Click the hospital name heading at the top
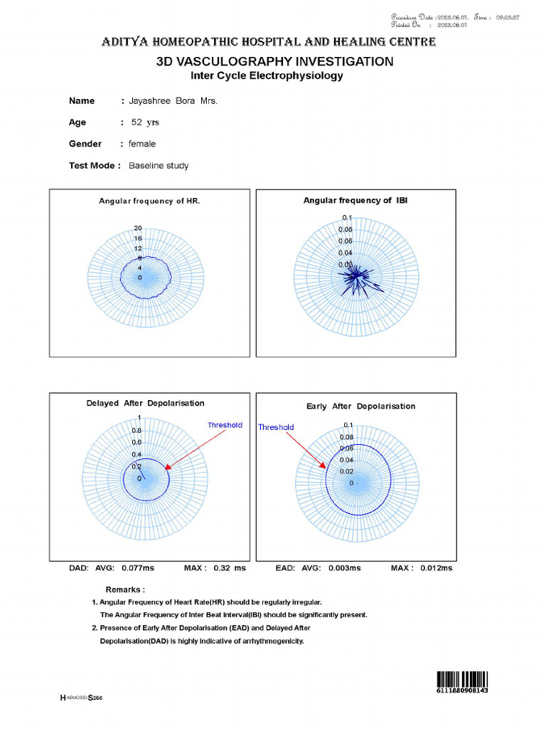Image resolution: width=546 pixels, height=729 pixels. tap(269, 43)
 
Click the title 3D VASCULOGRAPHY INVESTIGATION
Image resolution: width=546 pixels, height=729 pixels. tap(274, 62)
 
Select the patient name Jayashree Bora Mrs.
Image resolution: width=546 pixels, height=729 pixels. tap(173, 101)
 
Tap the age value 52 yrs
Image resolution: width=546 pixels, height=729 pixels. tap(145, 122)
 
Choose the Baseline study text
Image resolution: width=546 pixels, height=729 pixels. tap(159, 166)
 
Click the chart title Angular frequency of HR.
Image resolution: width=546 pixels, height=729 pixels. tap(149, 201)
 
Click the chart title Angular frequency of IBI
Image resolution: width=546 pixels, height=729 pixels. tap(355, 201)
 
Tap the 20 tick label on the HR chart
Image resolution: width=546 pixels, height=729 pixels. tap(138, 229)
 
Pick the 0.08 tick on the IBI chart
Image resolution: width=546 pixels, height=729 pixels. tap(345, 230)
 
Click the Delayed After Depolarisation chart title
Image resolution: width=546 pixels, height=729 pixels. tap(145, 404)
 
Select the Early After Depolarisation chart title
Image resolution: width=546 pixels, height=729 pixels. tap(360, 407)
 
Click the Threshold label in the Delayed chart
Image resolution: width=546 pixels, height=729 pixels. tap(225, 425)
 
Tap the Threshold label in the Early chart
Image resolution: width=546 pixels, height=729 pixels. tap(276, 427)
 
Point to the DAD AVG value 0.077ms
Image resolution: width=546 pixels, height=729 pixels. tap(138, 568)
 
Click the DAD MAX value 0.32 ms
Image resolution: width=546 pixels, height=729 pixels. tap(229, 568)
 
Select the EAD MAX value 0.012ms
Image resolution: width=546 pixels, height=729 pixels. tap(436, 568)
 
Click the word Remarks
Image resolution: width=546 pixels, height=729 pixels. tap(125, 589)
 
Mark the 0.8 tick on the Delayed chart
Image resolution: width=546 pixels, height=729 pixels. tap(136, 431)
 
